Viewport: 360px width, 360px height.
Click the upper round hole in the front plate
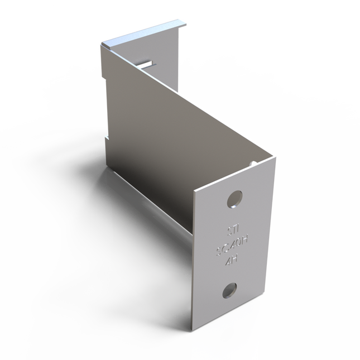[x=235, y=198]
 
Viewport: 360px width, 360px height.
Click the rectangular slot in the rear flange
[x=147, y=63]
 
